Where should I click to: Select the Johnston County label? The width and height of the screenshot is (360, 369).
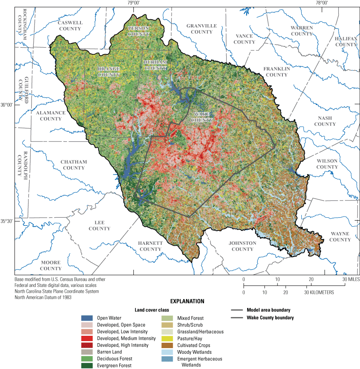(x=242, y=246)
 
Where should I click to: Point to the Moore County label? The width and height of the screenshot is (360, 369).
(x=50, y=265)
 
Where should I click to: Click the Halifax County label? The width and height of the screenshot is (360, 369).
(x=346, y=41)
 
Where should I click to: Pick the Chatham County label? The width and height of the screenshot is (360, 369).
(x=74, y=165)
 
